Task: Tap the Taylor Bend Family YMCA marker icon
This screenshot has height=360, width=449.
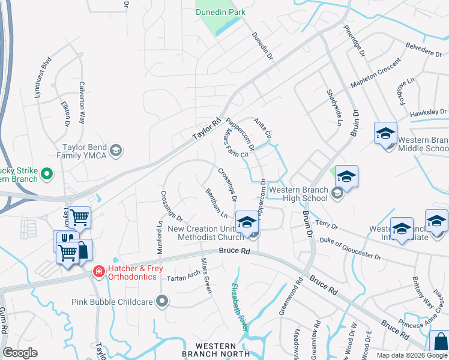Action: [117, 150]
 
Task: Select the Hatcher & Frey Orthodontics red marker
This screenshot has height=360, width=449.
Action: [97, 272]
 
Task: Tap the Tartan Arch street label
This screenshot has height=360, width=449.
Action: [183, 277]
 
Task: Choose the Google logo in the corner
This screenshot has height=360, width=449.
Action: [20, 353]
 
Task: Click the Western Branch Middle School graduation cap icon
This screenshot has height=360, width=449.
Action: [385, 133]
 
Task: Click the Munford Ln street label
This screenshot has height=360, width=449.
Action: [160, 230]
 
